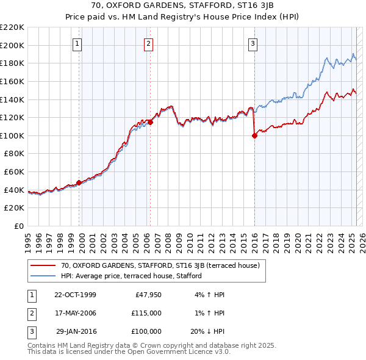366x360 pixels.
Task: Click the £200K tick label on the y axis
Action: (x=12, y=45)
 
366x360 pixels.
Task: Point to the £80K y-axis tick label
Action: (x=14, y=154)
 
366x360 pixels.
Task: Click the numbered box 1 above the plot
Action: (x=79, y=43)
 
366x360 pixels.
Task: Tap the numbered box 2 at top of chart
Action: (x=149, y=43)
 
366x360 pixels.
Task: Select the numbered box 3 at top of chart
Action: (x=253, y=43)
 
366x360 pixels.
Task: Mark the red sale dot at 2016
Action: (x=254, y=136)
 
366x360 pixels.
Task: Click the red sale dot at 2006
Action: (x=150, y=122)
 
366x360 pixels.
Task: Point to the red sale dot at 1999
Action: (x=79, y=182)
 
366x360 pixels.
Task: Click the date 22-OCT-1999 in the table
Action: (x=75, y=295)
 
